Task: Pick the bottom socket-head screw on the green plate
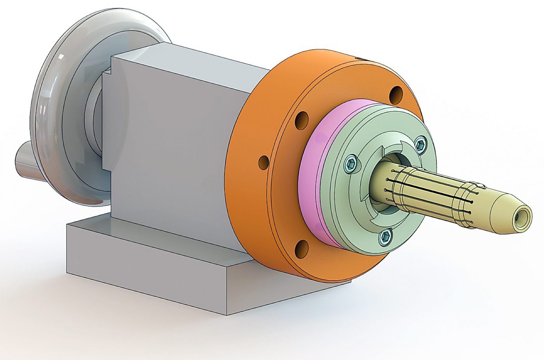tap(386, 236)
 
